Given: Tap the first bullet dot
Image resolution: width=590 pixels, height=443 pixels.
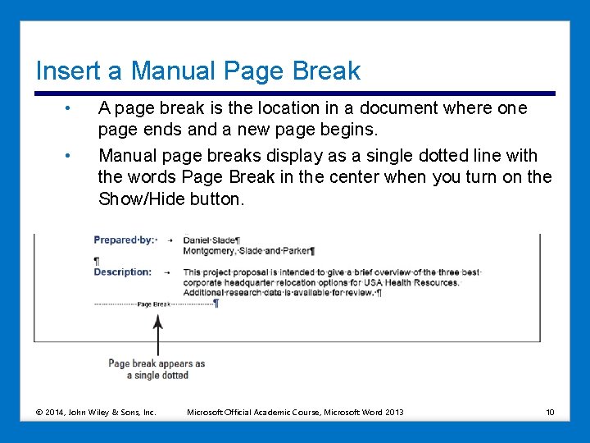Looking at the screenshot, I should (70, 108).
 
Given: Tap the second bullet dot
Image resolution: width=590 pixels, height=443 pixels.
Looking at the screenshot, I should (70, 156).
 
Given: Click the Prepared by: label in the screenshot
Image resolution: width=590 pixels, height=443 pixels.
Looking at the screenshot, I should (125, 240).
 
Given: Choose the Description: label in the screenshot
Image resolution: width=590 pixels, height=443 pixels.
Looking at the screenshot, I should (123, 272).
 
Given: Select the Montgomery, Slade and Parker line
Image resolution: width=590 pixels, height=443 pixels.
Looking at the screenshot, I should (248, 251).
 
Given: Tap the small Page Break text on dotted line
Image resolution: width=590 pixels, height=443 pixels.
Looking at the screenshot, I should (154, 304).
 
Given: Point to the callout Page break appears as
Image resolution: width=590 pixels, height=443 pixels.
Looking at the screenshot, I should (157, 363).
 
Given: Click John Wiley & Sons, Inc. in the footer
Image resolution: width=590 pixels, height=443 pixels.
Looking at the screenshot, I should (112, 412).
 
